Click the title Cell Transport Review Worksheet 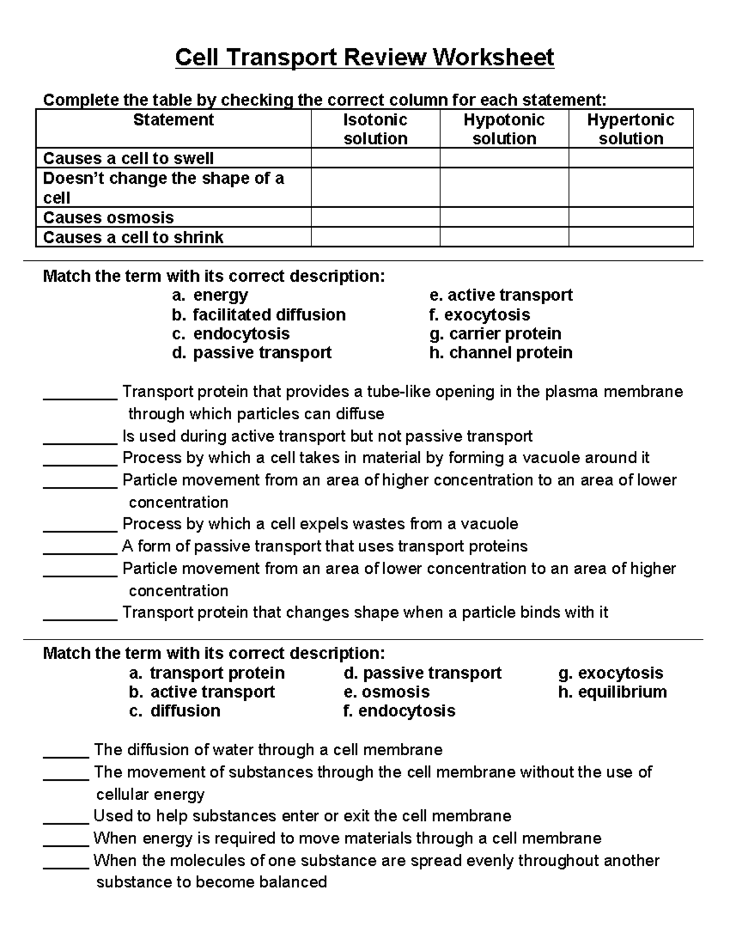point(364,58)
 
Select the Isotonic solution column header point(375,129)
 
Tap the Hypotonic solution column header point(504,129)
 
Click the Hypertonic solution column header point(630,129)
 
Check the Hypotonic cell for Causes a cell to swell point(504,158)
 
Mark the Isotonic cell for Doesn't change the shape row point(375,187)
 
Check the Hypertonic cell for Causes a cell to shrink point(630,237)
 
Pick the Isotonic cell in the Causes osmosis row point(375,217)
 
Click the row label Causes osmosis point(108,218)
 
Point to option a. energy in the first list point(210,296)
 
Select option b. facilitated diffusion point(259,315)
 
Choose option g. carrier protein point(495,333)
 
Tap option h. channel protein point(500,353)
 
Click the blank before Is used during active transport point(80,438)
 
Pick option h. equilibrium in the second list point(612,692)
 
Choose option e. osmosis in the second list point(386,692)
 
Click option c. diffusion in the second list point(175,711)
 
